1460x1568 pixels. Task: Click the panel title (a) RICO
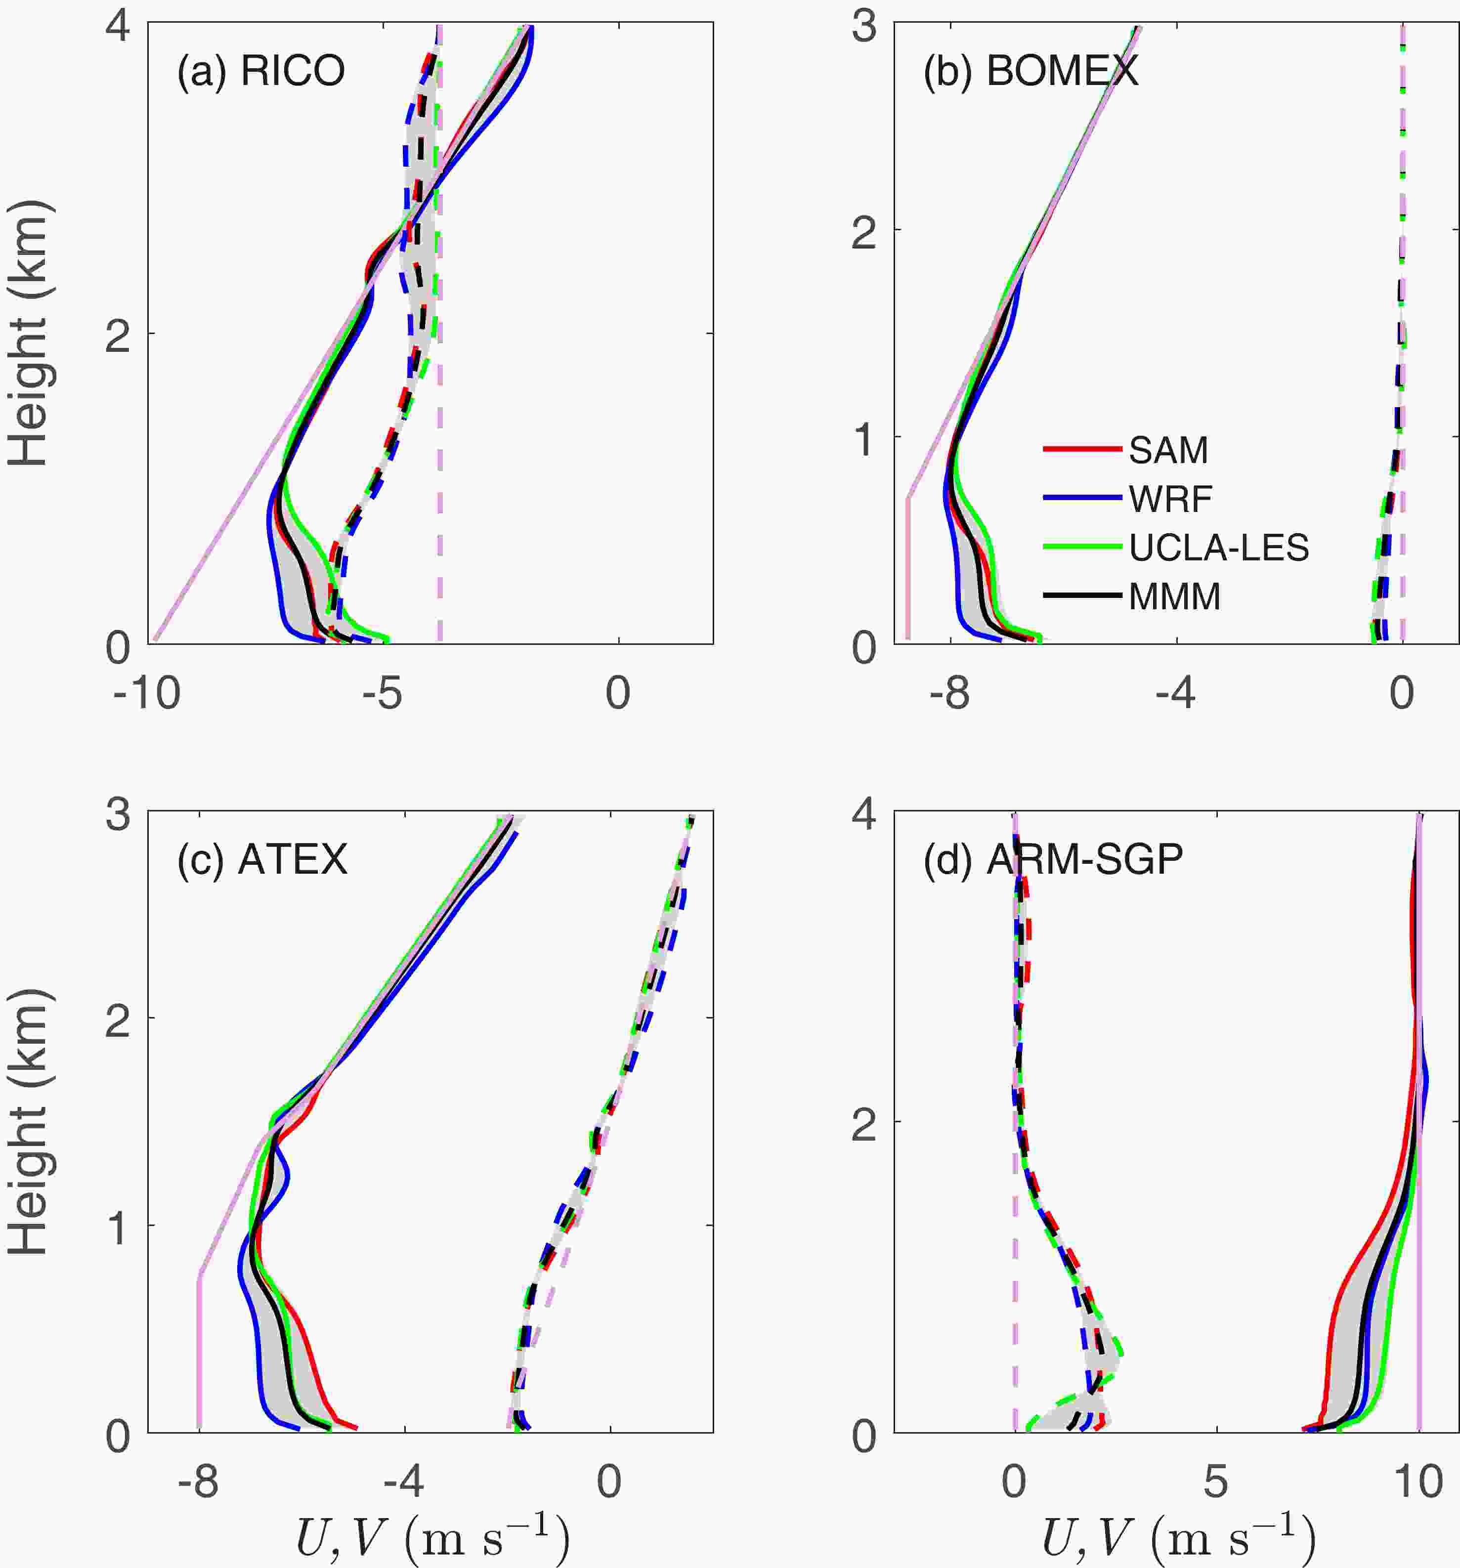pos(260,72)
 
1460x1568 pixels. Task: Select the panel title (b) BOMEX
pos(1031,72)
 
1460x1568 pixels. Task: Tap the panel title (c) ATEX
pos(262,859)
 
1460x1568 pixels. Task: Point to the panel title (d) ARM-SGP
pos(1053,859)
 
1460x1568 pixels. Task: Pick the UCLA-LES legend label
pos(1219,548)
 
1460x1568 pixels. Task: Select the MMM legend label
pos(1174,597)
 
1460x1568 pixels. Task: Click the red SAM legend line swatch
pos(1082,450)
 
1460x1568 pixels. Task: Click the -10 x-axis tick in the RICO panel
pos(147,695)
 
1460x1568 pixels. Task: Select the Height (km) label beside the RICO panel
pos(30,333)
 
